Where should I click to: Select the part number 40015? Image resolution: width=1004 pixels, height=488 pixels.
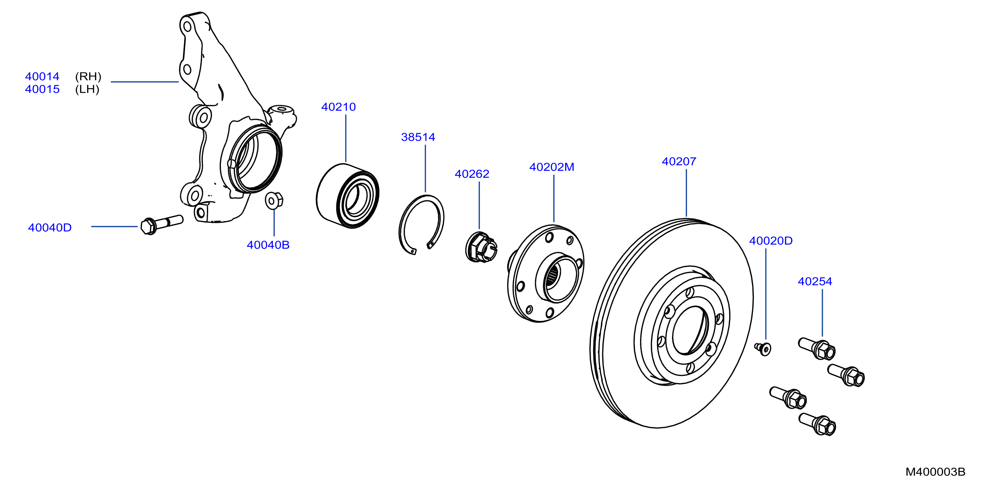pyautogui.click(x=42, y=89)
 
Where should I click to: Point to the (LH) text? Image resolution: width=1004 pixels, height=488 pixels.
pyautogui.click(x=87, y=89)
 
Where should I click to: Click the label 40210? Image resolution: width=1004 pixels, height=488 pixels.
pyautogui.click(x=338, y=107)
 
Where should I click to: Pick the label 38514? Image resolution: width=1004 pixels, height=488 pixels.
pyautogui.click(x=418, y=137)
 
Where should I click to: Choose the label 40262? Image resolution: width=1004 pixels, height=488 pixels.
pyautogui.click(x=472, y=174)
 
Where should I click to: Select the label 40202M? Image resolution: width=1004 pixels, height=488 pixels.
pyautogui.click(x=552, y=167)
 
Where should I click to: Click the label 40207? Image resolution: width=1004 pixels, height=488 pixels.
pyautogui.click(x=679, y=161)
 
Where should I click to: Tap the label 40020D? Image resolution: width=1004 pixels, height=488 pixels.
pyautogui.click(x=771, y=241)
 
